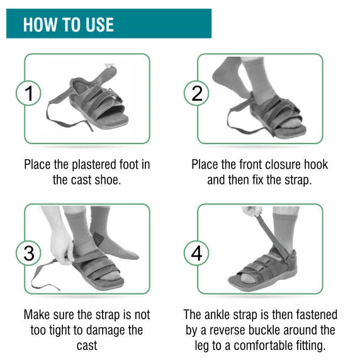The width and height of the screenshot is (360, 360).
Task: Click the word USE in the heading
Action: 99,25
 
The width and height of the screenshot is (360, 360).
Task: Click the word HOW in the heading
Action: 40,25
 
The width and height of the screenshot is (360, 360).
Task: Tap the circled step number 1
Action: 28,93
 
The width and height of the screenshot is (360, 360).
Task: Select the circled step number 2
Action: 196,93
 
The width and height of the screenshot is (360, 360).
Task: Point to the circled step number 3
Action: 28,253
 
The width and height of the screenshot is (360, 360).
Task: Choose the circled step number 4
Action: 196,253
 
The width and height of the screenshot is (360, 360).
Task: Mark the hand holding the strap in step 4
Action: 252,211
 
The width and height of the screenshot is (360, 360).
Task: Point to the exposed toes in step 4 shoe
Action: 247,278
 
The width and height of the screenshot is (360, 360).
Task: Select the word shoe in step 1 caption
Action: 108,180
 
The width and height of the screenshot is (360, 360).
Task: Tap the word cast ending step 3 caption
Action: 87,346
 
